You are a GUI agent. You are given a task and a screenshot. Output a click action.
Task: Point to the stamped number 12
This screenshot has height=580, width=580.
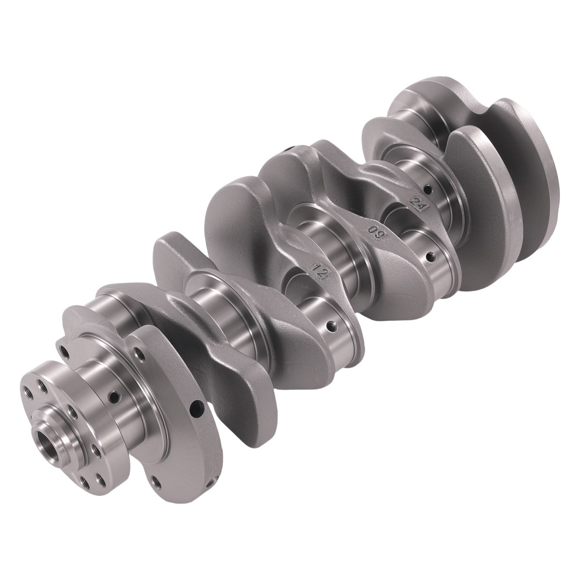click(x=319, y=272)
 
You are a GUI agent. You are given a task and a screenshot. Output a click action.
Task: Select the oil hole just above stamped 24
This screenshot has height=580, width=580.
click(x=429, y=190)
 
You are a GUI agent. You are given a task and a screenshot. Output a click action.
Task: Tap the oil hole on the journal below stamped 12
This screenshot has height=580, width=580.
click(x=332, y=326)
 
